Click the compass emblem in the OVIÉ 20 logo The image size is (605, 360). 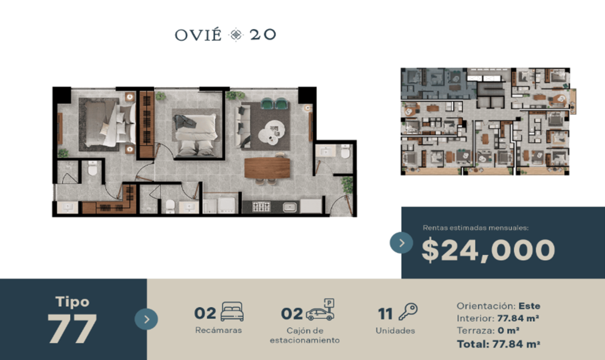[236, 35]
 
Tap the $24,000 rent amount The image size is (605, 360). [489, 250]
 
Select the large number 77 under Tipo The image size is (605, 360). [72, 329]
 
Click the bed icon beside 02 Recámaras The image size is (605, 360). [232, 312]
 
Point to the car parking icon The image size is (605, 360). [320, 310]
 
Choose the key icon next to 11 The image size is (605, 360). [408, 312]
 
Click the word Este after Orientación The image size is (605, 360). [529, 306]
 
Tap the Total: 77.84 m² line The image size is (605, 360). [498, 344]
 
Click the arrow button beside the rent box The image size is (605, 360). [401, 243]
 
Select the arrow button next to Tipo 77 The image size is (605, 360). [146, 319]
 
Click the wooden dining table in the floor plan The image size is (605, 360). [267, 168]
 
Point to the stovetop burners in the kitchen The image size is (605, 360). [261, 207]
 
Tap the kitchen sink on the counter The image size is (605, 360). [289, 207]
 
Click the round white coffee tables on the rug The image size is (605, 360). [271, 132]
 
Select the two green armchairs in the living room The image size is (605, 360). [274, 104]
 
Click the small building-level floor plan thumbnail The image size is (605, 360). [489, 121]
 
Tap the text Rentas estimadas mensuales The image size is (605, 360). [475, 228]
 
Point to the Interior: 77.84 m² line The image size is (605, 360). [498, 319]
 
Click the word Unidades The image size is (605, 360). [395, 331]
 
